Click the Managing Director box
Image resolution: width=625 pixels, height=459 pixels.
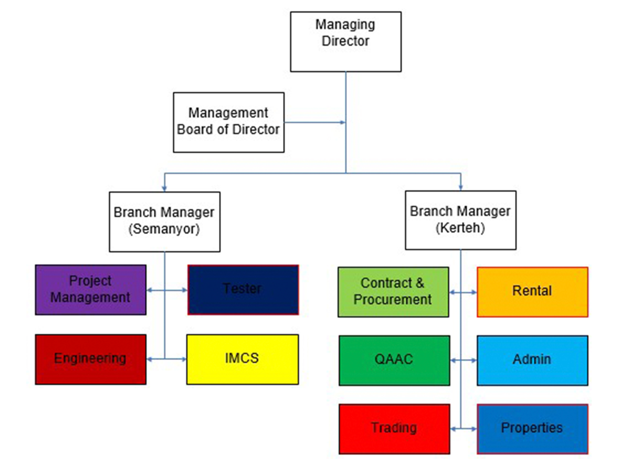345,42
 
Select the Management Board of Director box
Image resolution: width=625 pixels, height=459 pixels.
229,123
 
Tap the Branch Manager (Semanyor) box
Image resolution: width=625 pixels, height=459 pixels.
165,222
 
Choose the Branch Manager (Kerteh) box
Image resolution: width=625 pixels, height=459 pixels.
460,220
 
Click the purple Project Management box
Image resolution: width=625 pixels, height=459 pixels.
91,290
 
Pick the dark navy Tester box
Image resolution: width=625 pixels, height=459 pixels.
243,290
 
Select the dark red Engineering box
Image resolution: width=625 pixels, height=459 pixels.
91,359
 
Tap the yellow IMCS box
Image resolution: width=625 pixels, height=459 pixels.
242,359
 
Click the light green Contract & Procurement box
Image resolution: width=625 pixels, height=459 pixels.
393,292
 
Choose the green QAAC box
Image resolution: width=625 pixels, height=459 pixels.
394,360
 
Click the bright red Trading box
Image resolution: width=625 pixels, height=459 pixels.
394,429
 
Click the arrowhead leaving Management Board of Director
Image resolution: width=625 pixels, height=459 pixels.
343,123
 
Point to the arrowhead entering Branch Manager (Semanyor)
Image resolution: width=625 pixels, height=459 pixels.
164,189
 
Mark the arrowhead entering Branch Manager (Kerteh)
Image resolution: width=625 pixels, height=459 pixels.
461,188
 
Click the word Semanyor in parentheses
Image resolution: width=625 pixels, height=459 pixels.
164,229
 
